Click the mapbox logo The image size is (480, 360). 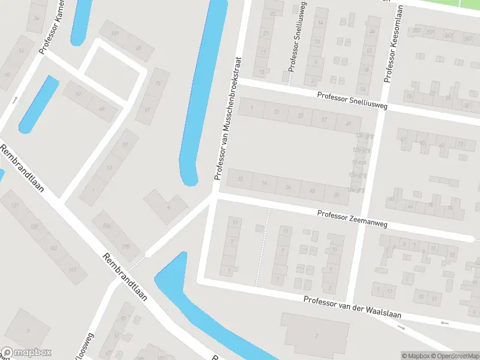(x=26, y=353)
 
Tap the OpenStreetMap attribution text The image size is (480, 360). (x=454, y=356)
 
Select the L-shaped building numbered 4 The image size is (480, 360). (x=164, y=205)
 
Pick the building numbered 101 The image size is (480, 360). (x=114, y=32)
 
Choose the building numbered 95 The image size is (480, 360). (x=137, y=49)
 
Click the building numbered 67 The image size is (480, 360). (x=148, y=110)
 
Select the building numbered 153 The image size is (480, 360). (x=53, y=247)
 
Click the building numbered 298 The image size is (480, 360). (x=126, y=246)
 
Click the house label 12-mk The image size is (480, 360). (x=358, y=162)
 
